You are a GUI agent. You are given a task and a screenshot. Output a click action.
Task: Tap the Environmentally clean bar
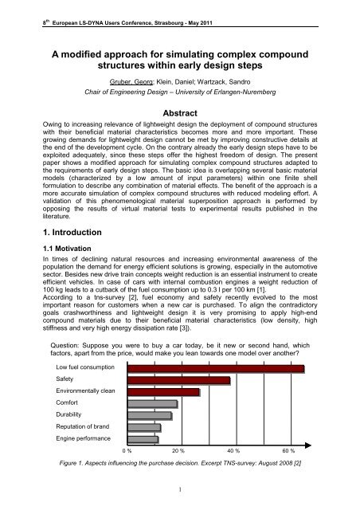click(x=164, y=392)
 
